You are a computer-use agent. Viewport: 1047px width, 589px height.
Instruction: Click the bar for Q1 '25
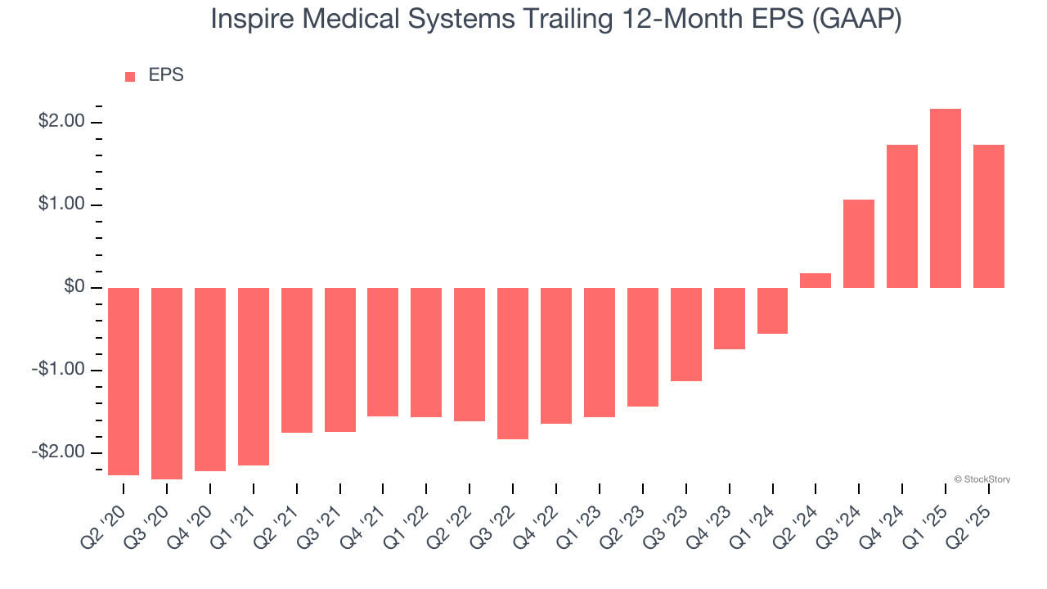[945, 198]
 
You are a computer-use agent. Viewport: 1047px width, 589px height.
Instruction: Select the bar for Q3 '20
[167, 383]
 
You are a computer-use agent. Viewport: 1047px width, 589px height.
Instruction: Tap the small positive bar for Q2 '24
[816, 281]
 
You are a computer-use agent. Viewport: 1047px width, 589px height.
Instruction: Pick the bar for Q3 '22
[513, 363]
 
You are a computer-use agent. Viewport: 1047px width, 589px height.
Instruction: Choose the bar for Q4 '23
[729, 318]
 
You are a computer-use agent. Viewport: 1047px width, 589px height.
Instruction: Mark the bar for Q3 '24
[859, 244]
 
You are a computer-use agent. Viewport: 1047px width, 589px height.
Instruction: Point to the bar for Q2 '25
[988, 216]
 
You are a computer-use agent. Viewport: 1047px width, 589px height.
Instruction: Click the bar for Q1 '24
[772, 311]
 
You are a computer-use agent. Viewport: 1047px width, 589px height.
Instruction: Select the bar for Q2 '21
[297, 360]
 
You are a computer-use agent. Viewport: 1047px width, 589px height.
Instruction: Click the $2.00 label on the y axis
[61, 122]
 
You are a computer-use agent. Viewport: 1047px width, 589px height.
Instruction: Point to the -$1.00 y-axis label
[59, 370]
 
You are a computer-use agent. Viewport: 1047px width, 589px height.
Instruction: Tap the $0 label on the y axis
[73, 287]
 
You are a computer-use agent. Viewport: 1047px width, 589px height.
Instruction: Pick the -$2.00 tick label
[59, 452]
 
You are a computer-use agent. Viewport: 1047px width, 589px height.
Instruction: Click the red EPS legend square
[130, 77]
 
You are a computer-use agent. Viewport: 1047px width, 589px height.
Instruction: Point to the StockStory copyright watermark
[982, 479]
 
